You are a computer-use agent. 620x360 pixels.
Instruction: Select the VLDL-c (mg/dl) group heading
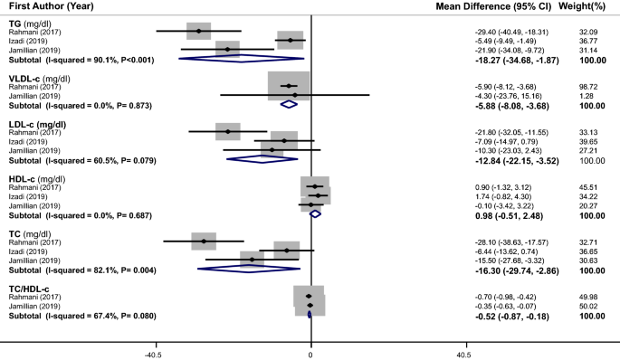[44, 77]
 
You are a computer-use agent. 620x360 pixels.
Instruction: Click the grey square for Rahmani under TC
[205, 242]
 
